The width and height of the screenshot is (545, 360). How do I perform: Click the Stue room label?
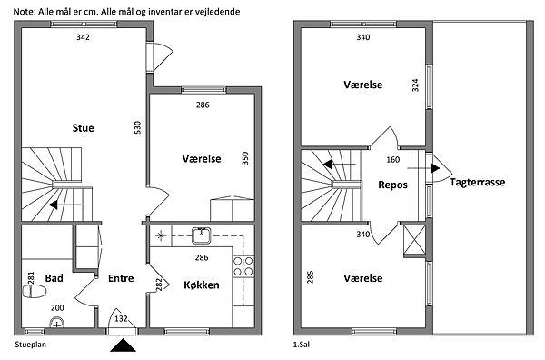83,128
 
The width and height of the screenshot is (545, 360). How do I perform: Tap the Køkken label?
202,285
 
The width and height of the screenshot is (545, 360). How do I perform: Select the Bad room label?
54,278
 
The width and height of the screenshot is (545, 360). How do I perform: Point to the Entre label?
121,278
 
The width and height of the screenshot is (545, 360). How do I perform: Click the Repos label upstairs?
392,185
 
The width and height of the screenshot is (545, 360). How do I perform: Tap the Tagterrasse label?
478,182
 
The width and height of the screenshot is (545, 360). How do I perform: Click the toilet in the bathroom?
35,292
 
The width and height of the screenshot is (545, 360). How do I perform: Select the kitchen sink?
202,235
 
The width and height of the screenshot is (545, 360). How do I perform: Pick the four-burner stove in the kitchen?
243,266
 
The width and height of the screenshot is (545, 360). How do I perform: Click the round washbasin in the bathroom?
56,323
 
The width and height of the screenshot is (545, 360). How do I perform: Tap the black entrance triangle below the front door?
123,345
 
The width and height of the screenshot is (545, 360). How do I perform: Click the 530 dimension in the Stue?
138,127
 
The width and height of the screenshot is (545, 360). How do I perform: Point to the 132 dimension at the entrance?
121,318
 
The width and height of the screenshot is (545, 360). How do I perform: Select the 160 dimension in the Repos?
392,160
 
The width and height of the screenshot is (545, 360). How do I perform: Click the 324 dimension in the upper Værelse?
415,85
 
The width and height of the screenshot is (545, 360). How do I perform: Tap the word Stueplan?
31,345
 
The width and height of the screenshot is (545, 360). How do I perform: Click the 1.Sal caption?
302,345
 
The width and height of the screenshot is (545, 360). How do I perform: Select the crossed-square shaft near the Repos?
414,240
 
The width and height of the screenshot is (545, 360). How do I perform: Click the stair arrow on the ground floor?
65,205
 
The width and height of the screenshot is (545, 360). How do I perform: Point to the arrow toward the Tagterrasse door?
423,168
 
